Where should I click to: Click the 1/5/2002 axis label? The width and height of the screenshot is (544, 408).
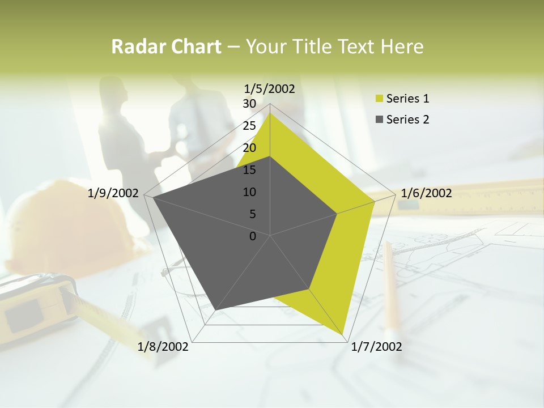(x=269, y=88)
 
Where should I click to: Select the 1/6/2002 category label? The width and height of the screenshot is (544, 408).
(x=426, y=193)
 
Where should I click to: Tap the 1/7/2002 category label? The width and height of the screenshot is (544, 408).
(x=376, y=347)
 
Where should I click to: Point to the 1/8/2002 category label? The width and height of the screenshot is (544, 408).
(x=163, y=347)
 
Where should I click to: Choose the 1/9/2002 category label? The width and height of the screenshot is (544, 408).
(x=113, y=193)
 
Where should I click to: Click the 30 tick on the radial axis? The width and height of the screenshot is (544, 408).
(x=249, y=104)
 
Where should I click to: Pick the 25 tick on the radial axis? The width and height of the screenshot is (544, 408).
(x=249, y=126)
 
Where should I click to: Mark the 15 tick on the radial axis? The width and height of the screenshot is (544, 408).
(x=249, y=170)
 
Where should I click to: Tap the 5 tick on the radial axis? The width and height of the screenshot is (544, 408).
(x=253, y=214)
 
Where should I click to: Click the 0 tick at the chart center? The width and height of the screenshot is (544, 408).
(x=253, y=236)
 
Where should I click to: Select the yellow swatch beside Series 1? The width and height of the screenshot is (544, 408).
(x=379, y=99)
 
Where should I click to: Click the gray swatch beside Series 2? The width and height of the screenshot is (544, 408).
(x=379, y=120)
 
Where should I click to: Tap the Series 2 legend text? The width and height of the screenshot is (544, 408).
(x=407, y=120)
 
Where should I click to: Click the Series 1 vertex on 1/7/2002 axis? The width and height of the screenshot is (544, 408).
(x=344, y=334)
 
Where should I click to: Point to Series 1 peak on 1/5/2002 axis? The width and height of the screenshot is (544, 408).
(x=270, y=113)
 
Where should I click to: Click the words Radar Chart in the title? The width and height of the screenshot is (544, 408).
(x=166, y=46)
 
